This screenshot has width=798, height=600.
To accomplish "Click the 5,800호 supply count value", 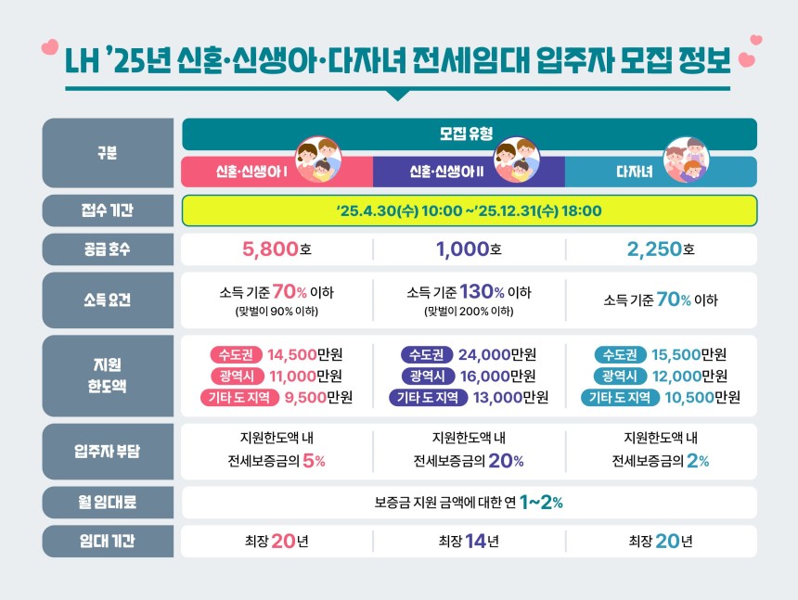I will coord(276,249).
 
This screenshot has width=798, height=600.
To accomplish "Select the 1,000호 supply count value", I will coord(469,249).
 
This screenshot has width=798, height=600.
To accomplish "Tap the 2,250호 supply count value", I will coord(661,249).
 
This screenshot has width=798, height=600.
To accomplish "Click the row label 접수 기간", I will coord(108,211).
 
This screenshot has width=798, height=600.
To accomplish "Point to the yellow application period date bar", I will coord(469,211).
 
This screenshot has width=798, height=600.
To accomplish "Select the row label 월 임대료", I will coord(108,503).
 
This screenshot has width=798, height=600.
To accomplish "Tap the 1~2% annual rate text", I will coord(541,503).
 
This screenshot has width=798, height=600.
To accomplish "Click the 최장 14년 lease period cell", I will coord(469,542).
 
